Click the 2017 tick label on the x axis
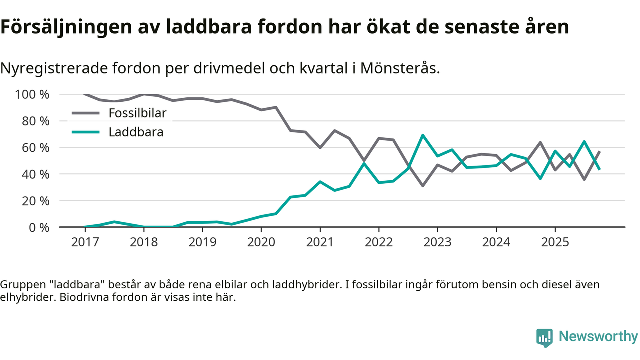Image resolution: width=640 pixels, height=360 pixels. coord(85,242)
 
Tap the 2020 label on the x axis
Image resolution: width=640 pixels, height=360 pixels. coord(261,242)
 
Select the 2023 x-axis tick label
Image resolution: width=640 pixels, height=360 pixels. coord(437,242)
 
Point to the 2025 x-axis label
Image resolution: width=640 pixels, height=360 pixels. coord(555,242)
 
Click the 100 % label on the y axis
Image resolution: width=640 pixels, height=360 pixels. coord(33,94)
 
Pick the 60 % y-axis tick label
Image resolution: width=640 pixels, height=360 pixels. coord(36,148)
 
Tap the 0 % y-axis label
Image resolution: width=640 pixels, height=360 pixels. coord(39,227)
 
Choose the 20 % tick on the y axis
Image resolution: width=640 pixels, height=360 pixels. coord(36,201)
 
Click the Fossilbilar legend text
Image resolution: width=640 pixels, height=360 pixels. coord(137,113)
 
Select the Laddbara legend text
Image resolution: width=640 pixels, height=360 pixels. coord(136,132)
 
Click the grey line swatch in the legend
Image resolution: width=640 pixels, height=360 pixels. coord(86,113)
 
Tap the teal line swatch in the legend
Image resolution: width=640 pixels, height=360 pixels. coord(86,132)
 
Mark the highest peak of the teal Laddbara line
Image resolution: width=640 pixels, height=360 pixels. coord(423,135)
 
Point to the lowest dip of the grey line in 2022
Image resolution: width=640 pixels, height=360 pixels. coord(423,186)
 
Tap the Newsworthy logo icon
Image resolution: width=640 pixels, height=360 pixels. coord(544,337)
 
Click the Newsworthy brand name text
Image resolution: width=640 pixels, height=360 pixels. coord(598,337)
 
